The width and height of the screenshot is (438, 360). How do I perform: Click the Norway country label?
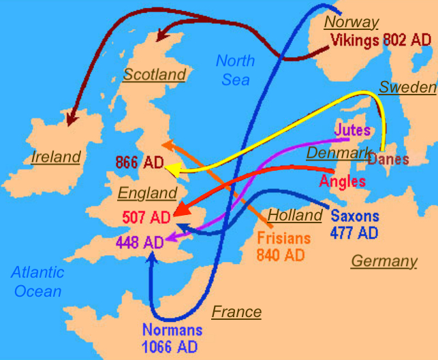pyautogui.click(x=351, y=22)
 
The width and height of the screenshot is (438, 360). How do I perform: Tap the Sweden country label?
pyautogui.click(x=407, y=87)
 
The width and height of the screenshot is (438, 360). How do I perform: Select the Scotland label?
pyautogui.click(x=155, y=75)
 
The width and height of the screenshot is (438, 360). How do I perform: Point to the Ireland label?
pyautogui.click(x=56, y=157)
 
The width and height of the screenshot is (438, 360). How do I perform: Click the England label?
pyautogui.click(x=147, y=193)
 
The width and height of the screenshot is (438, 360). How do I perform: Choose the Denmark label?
pyautogui.click(x=337, y=152)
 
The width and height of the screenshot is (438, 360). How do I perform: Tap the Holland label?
pyautogui.click(x=294, y=216)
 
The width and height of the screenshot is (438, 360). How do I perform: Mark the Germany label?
pyautogui.click(x=384, y=261)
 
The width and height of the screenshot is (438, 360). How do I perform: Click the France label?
pyautogui.click(x=236, y=312)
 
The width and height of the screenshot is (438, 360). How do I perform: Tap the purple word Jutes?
pyautogui.click(x=352, y=129)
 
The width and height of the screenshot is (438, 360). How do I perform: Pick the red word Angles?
pyautogui.click(x=342, y=182)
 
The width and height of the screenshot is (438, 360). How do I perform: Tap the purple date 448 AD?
pyautogui.click(x=140, y=242)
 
